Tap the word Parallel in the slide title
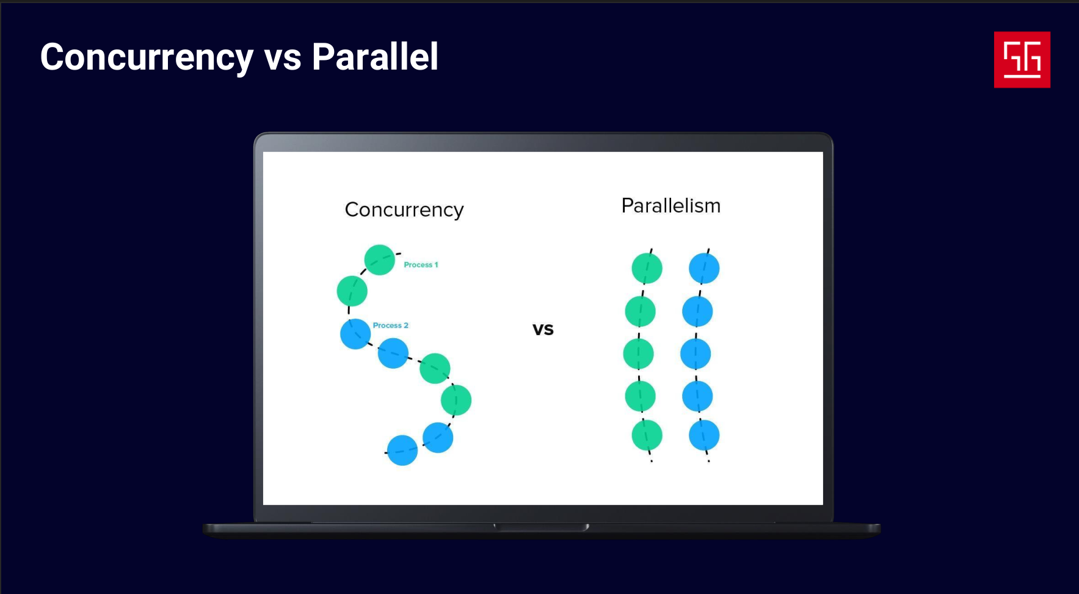tap(375, 57)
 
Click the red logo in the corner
tap(1022, 59)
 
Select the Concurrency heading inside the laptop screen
tap(404, 210)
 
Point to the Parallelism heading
tap(671, 206)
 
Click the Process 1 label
tap(421, 265)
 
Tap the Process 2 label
tap(391, 325)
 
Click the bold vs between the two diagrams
tap(543, 330)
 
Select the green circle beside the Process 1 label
tap(380, 260)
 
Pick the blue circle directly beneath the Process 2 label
tap(355, 334)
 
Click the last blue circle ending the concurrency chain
tap(402, 451)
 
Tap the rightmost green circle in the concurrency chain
tap(456, 400)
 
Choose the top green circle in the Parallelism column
tap(647, 268)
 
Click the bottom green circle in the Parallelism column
tap(647, 435)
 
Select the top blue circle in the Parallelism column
tap(704, 268)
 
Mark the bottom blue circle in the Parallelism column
tap(704, 435)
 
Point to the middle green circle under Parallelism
tap(638, 354)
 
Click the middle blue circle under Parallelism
tap(696, 354)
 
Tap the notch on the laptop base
tap(542, 527)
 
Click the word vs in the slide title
tap(283, 60)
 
